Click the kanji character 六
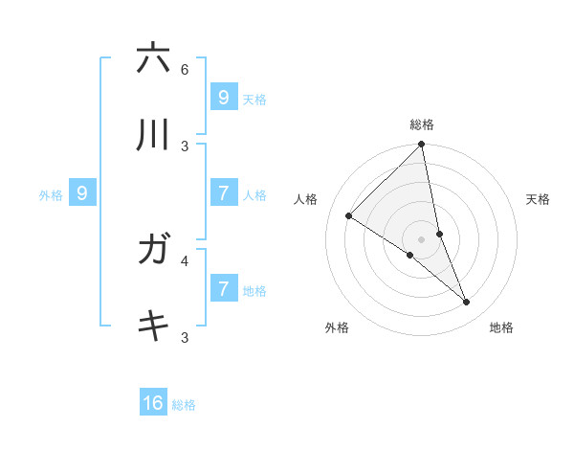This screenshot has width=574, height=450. point(153,58)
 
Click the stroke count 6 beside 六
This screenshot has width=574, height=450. point(185,70)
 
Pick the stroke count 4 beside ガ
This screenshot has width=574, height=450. point(185,259)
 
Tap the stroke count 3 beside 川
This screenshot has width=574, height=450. point(185,146)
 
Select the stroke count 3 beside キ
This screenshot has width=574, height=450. point(185,337)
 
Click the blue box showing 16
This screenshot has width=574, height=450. point(153,403)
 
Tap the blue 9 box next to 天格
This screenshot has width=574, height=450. point(223,97)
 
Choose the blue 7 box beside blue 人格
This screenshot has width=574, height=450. point(223,193)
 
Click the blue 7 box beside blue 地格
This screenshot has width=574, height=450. point(223,288)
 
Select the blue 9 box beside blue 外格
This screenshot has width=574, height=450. point(82,193)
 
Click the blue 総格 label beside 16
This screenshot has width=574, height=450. point(184,405)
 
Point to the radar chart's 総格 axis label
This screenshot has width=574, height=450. point(422,124)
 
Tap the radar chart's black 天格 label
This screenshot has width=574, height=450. point(538,199)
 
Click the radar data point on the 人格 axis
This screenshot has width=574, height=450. point(348,216)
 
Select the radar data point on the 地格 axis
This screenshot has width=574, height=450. point(467,303)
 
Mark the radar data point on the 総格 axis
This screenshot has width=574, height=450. point(422,145)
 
